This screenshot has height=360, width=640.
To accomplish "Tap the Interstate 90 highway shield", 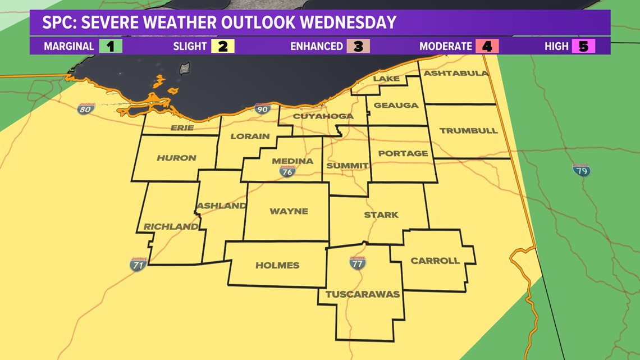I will click(x=262, y=109).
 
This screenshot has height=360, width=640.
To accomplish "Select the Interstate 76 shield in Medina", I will click(x=287, y=171).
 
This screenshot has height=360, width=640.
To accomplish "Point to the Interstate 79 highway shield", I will click(x=580, y=170).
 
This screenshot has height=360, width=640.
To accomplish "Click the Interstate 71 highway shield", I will click(x=138, y=264).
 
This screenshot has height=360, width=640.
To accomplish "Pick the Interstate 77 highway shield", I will click(x=357, y=262).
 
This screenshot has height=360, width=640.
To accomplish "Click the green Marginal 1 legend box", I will click(x=111, y=46).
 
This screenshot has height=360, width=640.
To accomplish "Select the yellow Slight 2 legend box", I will click(x=223, y=46).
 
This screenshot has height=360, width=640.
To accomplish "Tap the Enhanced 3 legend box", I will click(x=358, y=46).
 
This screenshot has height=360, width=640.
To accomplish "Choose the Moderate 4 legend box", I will click(x=487, y=46).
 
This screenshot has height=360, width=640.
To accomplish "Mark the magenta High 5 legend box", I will click(x=583, y=46).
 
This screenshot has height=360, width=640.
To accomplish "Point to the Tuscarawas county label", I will click(x=363, y=294).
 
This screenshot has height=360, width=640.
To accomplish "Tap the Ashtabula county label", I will click(x=456, y=74).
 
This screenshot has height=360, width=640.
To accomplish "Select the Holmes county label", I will click(x=277, y=265).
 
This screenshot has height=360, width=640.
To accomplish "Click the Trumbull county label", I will click(x=468, y=130).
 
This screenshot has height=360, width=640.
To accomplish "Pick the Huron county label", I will click(x=176, y=158).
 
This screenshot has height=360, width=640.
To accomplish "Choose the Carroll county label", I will click(x=435, y=261).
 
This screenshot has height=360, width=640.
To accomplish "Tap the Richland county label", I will click(x=171, y=227).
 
